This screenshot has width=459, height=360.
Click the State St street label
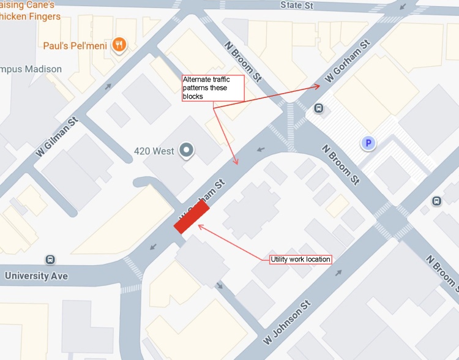pos(297,6)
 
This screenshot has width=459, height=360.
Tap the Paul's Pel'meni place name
pos(75,45)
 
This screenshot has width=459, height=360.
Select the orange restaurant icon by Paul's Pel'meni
pos(121,44)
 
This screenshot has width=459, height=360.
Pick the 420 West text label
pos(154,151)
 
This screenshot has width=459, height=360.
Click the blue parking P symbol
pos(368,144)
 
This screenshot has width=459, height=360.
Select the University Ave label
pos(36,276)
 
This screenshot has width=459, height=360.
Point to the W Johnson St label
pos(288,321)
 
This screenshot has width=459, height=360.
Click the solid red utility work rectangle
pos(192,218)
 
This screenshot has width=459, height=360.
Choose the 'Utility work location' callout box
pos(300,260)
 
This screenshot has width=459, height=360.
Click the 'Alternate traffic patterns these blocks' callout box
pos(213,88)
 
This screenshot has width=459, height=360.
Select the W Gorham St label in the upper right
pos(348,62)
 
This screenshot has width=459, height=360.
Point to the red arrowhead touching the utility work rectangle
pos(200,227)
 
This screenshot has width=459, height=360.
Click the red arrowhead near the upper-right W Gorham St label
pos(318,86)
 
